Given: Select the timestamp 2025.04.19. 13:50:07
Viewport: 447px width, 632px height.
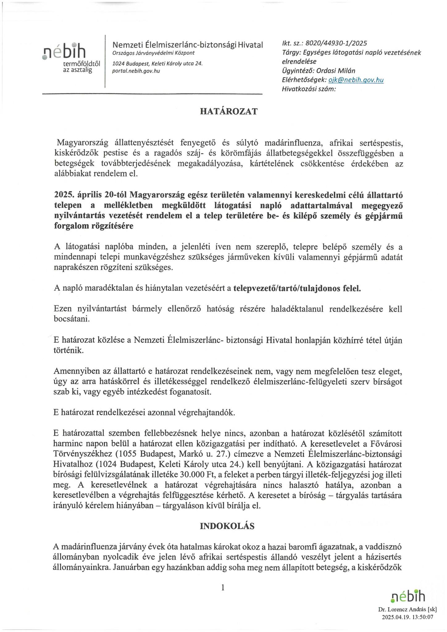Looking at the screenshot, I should (x=407, y=617).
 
